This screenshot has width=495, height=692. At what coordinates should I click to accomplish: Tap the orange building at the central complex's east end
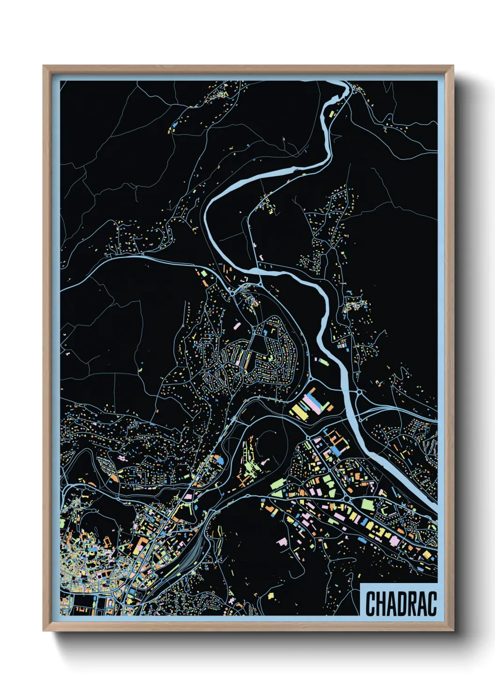[330, 407]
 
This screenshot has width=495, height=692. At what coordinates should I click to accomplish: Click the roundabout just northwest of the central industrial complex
[311, 378]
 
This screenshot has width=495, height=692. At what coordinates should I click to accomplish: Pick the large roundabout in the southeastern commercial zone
[347, 499]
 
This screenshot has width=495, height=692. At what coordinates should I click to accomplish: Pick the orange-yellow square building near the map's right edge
[427, 555]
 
